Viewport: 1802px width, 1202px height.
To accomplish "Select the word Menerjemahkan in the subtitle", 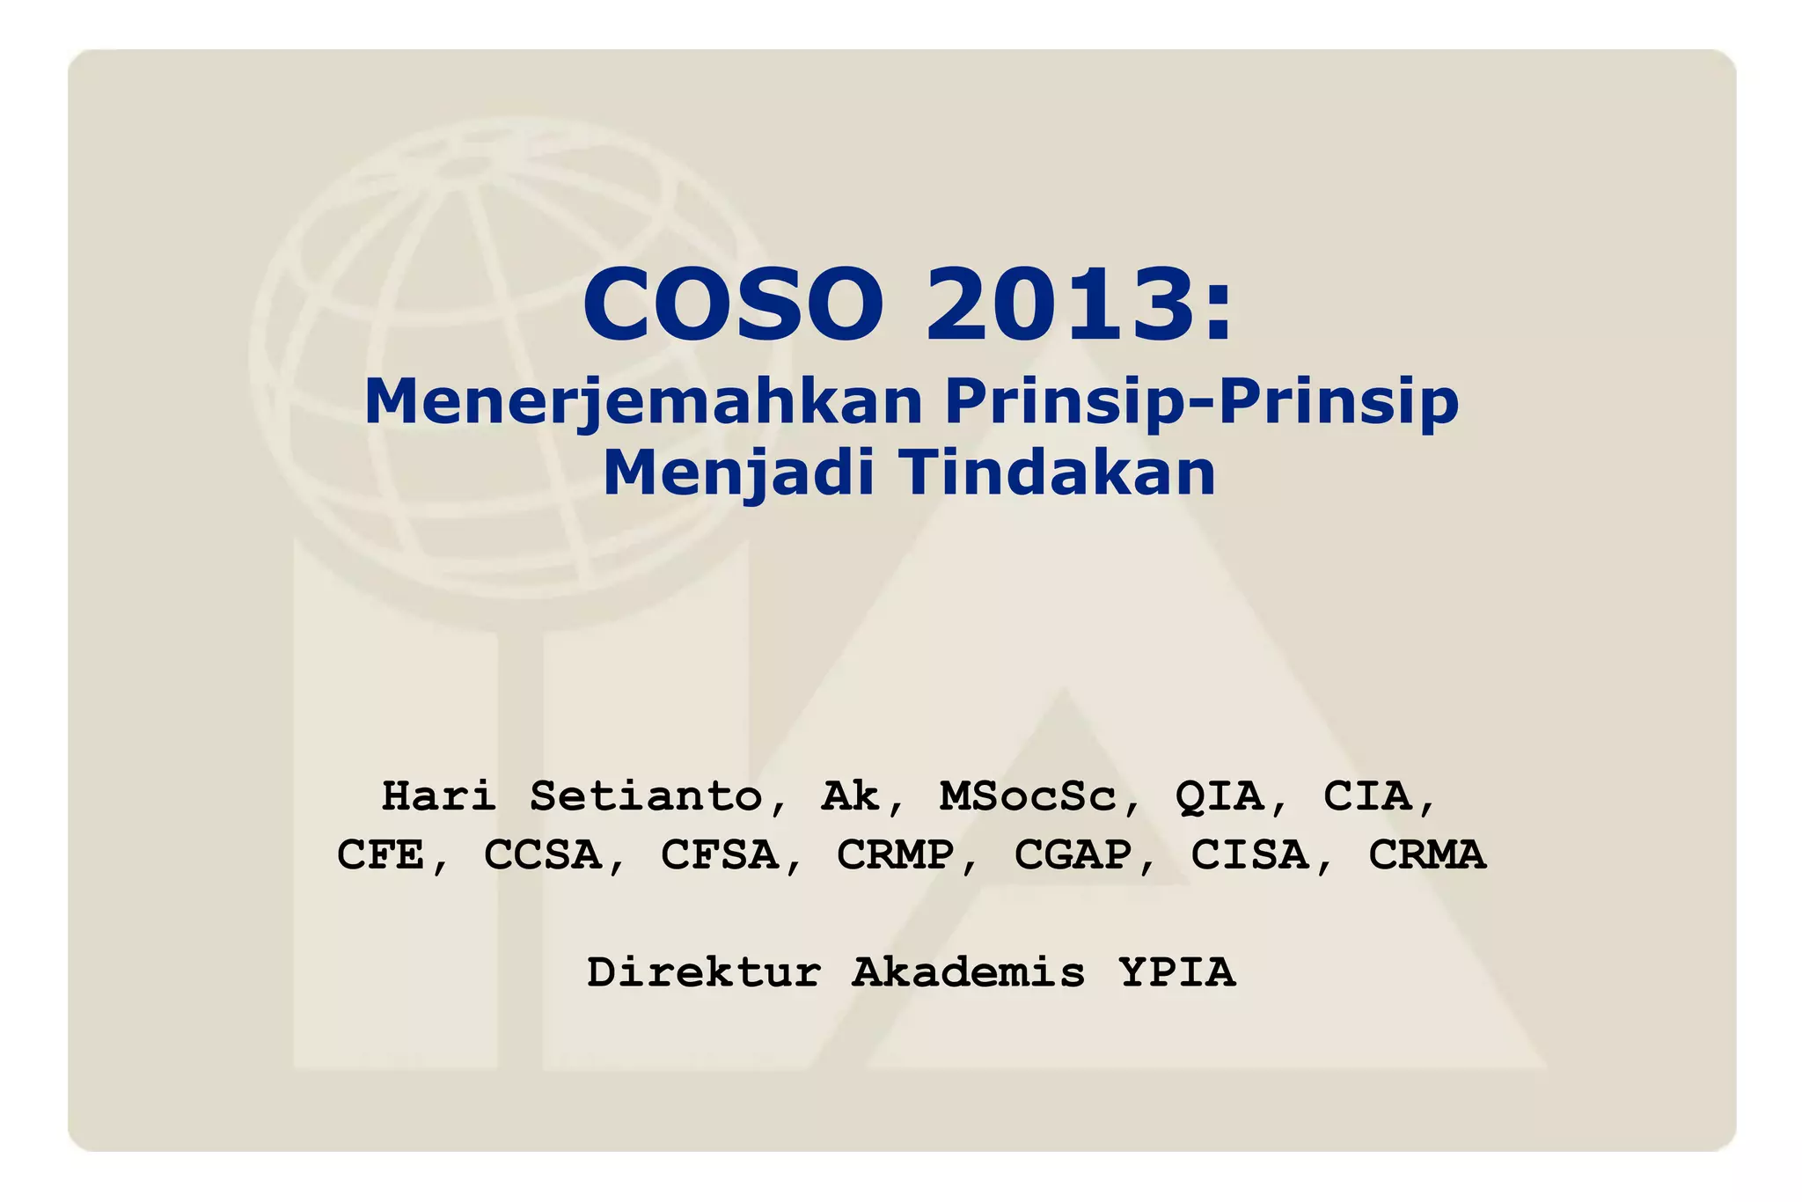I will [643, 401].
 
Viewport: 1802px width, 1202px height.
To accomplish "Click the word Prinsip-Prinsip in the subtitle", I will [1202, 401].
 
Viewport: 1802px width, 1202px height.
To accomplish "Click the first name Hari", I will [438, 795].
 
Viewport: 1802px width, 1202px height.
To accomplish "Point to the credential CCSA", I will [542, 854].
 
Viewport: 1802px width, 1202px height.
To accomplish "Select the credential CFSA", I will [719, 854].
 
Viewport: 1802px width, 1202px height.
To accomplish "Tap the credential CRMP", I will [895, 854].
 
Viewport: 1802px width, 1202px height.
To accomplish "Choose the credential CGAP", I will [1073, 854].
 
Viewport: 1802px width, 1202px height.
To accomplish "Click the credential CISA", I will [1249, 854].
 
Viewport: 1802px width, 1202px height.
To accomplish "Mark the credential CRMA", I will [1426, 854].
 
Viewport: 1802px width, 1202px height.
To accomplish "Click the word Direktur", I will [704, 972].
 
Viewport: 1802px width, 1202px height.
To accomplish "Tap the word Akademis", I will [969, 972].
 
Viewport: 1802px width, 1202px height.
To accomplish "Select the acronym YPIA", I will [1177, 972].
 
